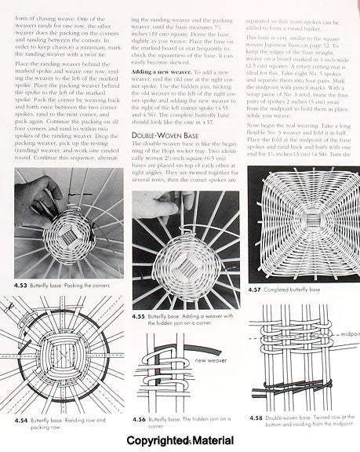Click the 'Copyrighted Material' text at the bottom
pos(180,442)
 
